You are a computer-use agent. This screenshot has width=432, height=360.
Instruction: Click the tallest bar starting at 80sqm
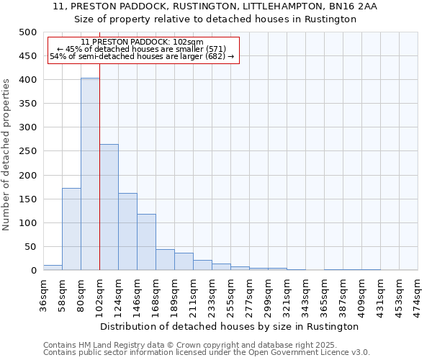click(90, 174)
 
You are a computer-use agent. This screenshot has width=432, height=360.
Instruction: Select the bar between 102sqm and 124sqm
click(109, 207)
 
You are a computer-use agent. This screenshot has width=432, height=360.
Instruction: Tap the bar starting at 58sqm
click(71, 229)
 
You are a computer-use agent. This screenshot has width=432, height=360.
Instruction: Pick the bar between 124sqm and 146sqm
click(127, 232)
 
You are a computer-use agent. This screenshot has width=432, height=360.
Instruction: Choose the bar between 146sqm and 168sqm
click(146, 242)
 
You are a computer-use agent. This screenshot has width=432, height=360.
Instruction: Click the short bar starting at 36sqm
click(53, 267)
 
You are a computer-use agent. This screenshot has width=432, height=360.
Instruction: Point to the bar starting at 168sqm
click(165, 260)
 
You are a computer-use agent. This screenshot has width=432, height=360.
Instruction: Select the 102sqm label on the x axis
click(99, 294)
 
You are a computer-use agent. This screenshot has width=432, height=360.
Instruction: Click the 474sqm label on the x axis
click(418, 294)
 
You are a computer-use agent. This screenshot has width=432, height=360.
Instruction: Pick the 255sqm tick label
click(230, 294)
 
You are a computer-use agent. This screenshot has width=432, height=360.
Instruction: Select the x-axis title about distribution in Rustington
click(230, 326)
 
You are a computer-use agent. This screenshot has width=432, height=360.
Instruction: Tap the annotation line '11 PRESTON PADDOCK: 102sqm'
click(142, 42)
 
